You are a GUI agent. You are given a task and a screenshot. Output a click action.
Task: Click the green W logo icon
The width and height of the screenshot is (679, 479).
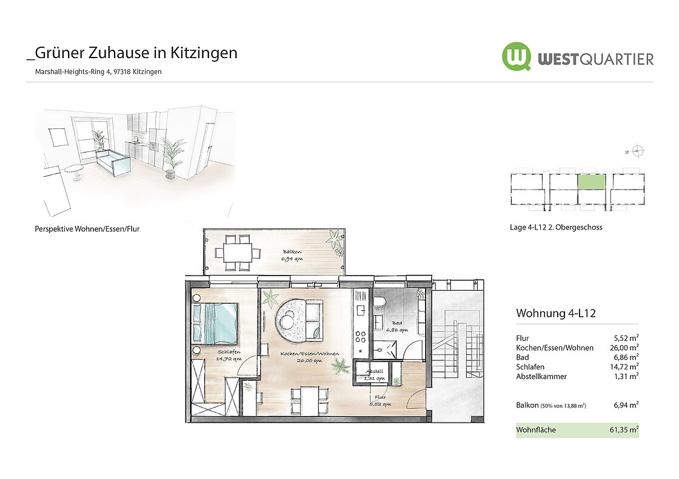click(516, 57)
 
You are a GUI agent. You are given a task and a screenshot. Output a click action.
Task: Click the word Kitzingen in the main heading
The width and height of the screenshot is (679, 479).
click(204, 53)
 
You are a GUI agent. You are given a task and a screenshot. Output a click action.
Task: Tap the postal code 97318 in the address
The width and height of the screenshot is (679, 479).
click(122, 72)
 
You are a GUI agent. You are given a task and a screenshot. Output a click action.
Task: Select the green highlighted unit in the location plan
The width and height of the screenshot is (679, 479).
click(592, 182)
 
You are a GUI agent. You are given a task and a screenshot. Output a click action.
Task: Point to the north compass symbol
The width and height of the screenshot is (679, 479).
click(637, 151)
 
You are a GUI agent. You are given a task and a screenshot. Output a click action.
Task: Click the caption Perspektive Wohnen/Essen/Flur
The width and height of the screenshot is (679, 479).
click(87, 229)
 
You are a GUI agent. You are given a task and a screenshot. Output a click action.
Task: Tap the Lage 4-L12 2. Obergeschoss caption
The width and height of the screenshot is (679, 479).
click(556, 227)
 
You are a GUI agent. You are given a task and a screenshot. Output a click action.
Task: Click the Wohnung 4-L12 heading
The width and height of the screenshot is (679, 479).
click(556, 313)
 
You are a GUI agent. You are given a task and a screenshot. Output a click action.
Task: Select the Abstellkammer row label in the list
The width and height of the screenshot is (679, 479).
click(541, 377)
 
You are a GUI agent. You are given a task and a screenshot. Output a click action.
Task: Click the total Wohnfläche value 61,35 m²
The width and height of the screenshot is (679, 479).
click(624, 430)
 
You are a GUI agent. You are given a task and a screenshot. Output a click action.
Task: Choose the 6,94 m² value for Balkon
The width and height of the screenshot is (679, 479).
click(626, 405)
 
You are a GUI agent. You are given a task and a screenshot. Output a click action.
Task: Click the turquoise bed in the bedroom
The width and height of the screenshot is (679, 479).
click(215, 323)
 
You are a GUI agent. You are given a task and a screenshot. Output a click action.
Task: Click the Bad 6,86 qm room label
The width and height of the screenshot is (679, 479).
click(396, 326)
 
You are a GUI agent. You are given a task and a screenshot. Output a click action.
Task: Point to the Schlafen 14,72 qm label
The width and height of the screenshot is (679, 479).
click(229, 355)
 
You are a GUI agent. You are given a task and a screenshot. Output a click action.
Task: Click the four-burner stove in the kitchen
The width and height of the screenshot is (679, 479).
click(361, 337)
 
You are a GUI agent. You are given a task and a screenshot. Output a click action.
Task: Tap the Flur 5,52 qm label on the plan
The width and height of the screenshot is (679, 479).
click(380, 401)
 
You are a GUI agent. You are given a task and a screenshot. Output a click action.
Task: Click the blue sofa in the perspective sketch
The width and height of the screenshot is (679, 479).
click(113, 162)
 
